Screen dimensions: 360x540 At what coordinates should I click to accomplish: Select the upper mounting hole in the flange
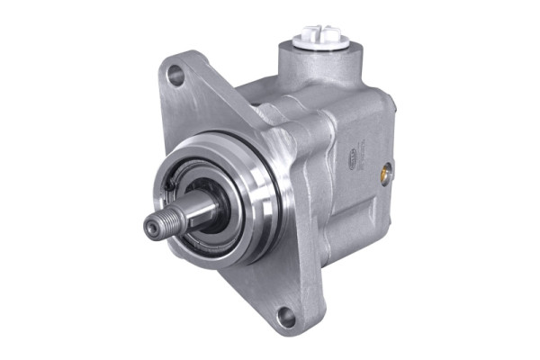[x=176, y=76]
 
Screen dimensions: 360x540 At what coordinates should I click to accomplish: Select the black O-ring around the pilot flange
[x=270, y=180]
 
